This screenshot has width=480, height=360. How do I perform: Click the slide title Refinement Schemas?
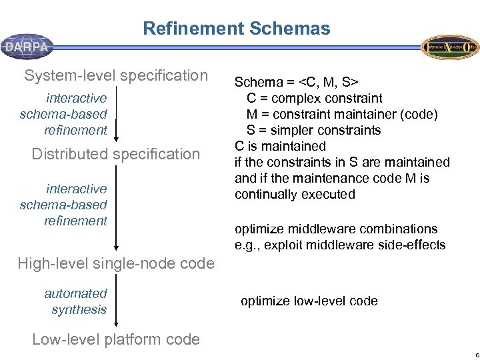coord(237,29)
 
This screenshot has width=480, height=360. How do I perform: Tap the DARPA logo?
coord(27,47)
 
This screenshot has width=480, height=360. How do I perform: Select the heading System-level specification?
coord(116,75)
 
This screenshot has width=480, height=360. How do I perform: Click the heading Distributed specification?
coord(116,154)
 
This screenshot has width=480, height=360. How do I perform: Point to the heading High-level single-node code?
coord(116,263)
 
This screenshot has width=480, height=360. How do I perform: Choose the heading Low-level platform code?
coord(116,339)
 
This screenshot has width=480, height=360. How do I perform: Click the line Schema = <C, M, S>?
coord(297,82)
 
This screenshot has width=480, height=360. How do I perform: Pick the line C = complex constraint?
coord(314,98)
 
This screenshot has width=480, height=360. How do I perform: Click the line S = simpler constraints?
coord(313,130)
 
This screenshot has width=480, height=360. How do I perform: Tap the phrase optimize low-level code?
coord(309,301)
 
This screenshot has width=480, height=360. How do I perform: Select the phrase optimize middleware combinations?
coord(336,229)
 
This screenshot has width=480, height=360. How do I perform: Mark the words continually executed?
coord(295,194)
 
